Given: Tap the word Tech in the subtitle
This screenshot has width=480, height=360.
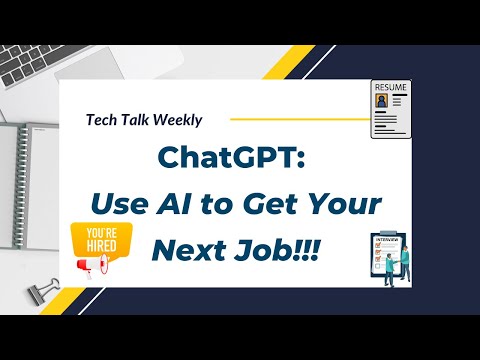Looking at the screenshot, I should (103, 120).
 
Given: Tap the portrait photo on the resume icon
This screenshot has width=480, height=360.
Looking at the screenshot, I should (383, 105).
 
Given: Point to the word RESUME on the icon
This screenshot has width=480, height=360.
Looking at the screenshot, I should (391, 87).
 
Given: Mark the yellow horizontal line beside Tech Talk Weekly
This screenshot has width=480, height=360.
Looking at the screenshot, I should (290, 118).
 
